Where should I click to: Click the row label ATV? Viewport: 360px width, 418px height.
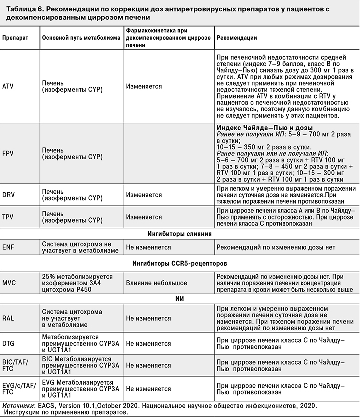[8, 86]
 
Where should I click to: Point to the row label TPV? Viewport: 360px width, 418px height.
[8, 217]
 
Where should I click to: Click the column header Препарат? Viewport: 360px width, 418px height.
[15, 38]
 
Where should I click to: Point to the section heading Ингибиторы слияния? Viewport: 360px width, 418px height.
[180, 233]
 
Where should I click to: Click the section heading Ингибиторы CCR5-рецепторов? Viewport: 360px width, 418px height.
[179, 262]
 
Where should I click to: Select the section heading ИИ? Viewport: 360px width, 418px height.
[180, 299]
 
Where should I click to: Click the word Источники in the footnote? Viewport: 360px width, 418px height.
[18, 406]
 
